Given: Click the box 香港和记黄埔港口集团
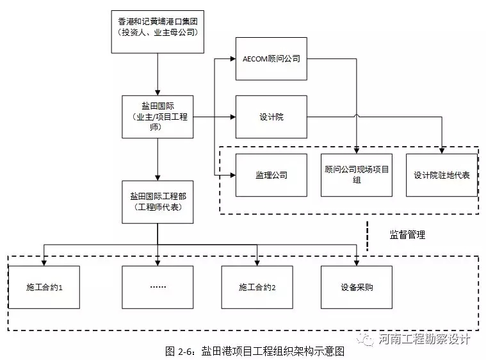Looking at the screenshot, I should point(158,30).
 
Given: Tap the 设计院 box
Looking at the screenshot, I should point(271,117).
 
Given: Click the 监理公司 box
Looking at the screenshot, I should point(271,175).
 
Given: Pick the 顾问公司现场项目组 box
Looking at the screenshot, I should point(356,175).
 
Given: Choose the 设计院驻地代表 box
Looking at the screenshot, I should point(441,175).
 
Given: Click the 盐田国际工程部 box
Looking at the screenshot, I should point(158,201).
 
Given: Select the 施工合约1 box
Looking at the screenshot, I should point(44,287).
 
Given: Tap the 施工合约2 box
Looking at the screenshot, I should point(257,287).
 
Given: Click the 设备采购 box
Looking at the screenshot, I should point(356,287).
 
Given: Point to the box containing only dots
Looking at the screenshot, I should point(158,287).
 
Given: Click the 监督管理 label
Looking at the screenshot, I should point(407,235).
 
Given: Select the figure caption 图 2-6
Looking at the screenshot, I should point(255,351).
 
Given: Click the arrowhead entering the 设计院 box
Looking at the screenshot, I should point(232,117).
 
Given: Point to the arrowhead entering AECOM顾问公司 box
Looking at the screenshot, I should point(232,60).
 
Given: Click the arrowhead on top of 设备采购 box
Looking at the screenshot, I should point(356,262).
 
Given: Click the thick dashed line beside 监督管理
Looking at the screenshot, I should point(368,235).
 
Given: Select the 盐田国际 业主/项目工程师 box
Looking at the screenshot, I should point(158,117).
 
